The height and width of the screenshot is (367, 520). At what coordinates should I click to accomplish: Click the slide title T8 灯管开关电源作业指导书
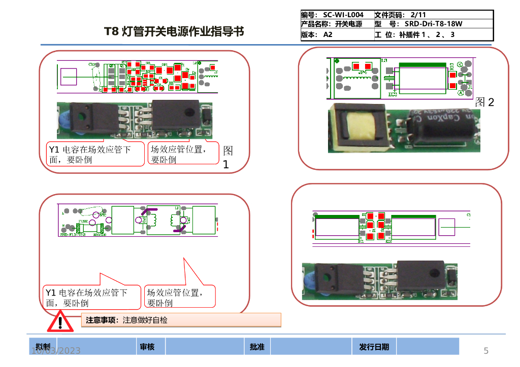(x=174, y=31)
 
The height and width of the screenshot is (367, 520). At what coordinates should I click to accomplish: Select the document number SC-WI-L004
(x=343, y=15)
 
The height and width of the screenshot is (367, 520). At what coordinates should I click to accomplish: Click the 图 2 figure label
(x=485, y=102)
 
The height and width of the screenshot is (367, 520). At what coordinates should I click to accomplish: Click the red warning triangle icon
(x=60, y=322)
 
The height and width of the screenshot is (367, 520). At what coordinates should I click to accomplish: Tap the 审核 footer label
(x=147, y=347)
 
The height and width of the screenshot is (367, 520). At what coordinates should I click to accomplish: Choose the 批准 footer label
(x=257, y=347)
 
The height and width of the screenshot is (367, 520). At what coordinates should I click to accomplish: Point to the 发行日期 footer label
(x=374, y=347)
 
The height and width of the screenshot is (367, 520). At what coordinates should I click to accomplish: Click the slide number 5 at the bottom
(x=486, y=351)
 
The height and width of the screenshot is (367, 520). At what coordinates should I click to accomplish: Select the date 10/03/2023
(x=56, y=351)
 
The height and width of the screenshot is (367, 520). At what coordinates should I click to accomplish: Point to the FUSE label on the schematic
(x=83, y=222)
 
